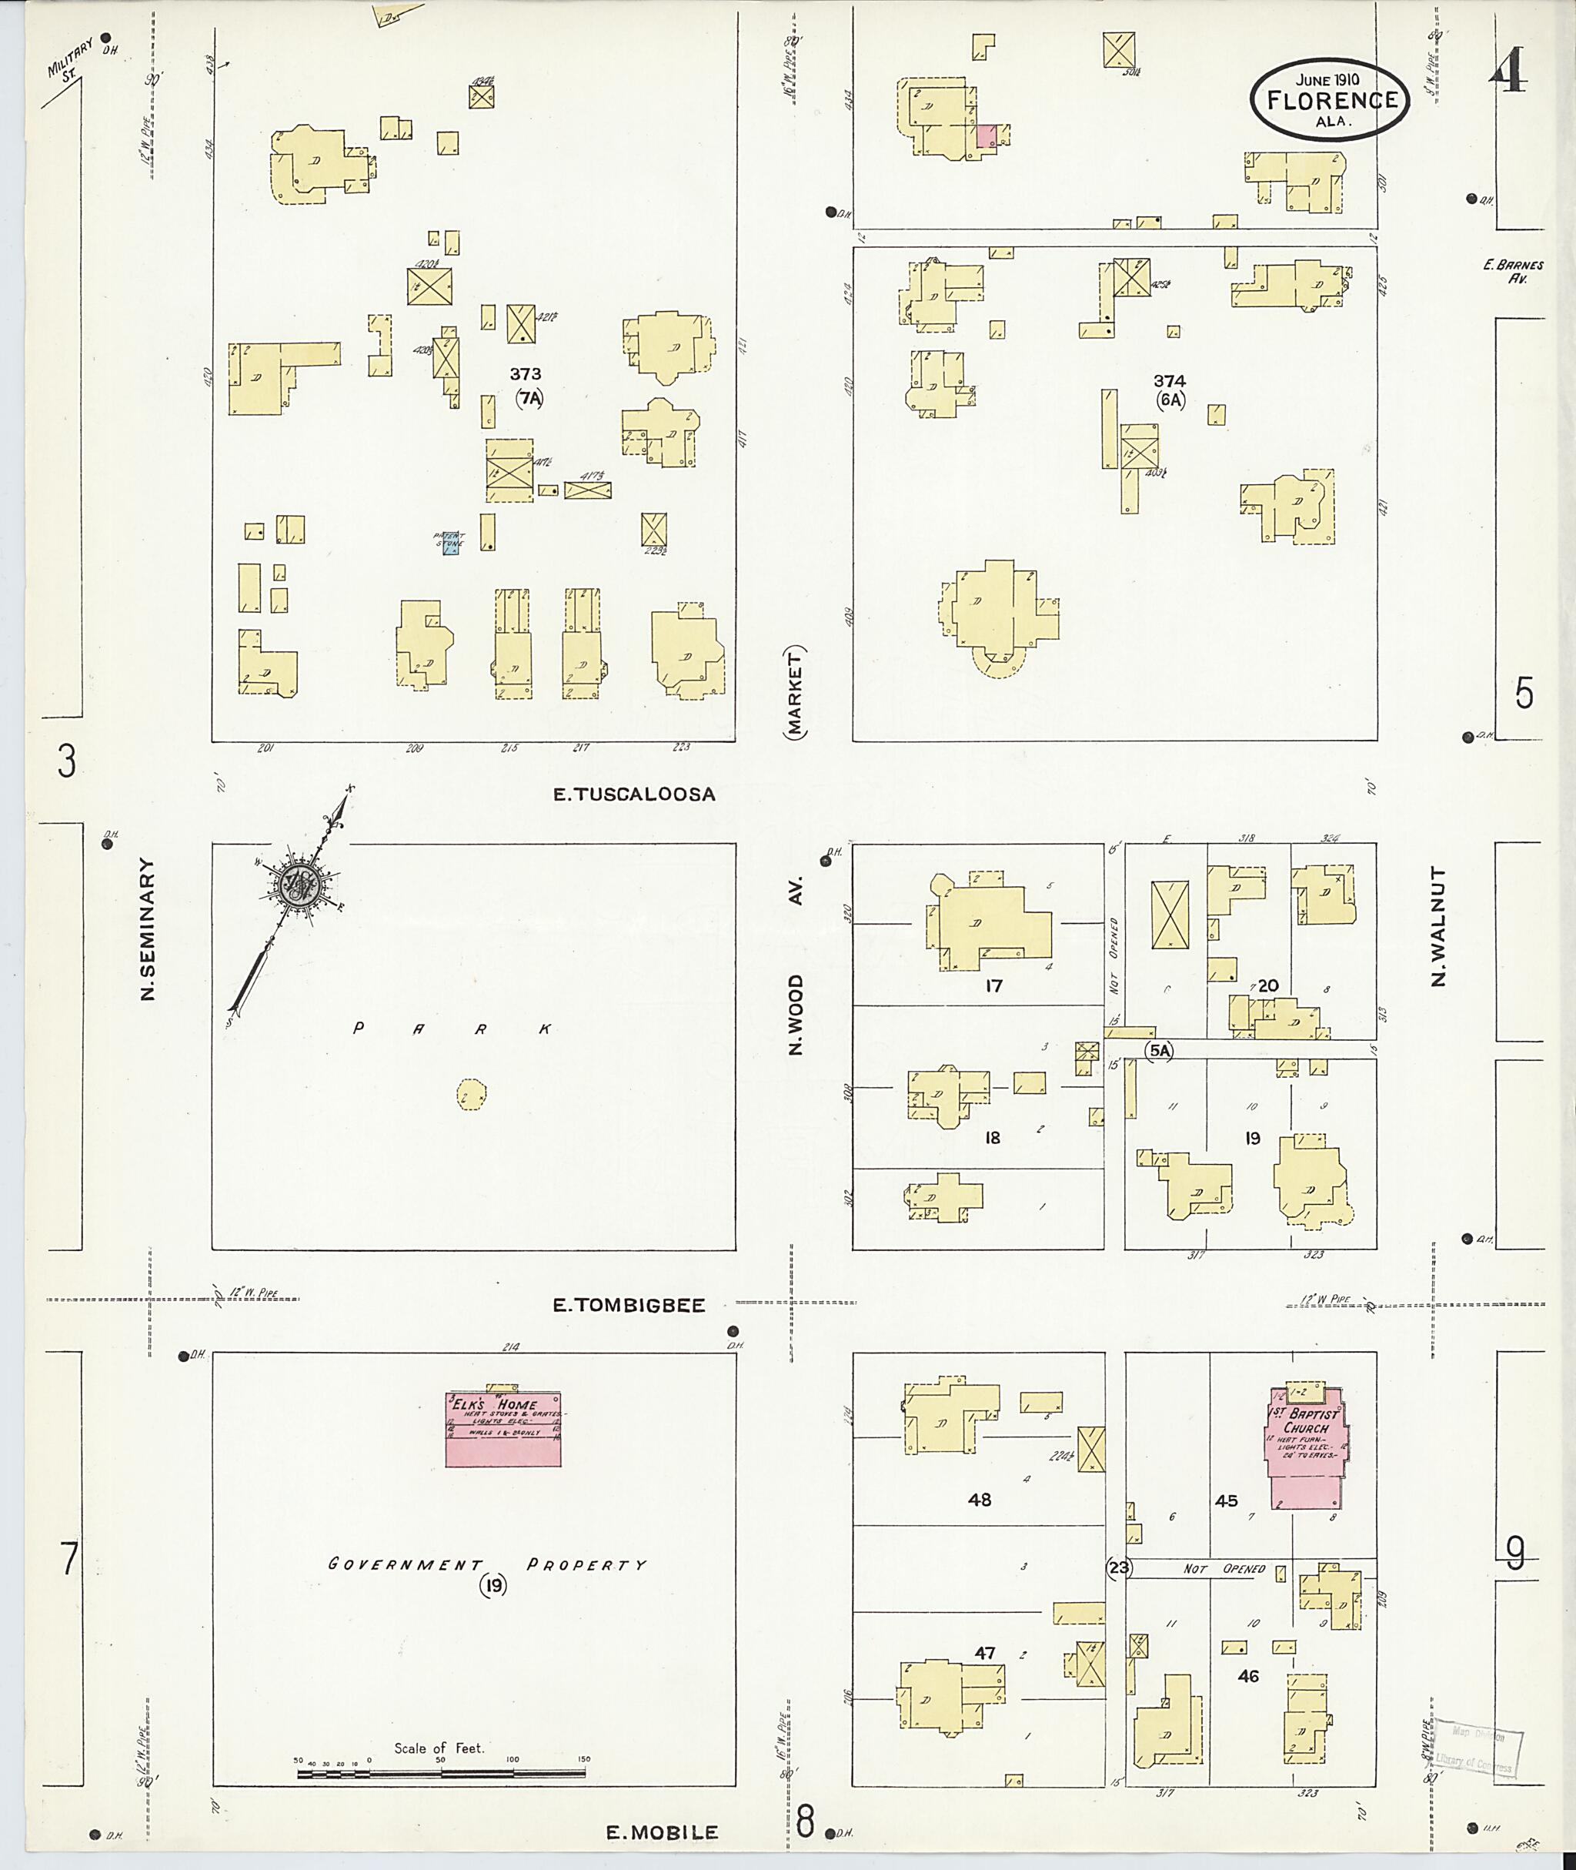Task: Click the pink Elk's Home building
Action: (x=503, y=1427)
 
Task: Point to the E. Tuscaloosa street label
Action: (x=634, y=794)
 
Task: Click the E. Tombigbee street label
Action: (x=628, y=1305)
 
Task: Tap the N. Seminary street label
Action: (x=149, y=930)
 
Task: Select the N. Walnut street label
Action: (x=1437, y=926)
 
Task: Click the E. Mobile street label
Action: (x=662, y=1832)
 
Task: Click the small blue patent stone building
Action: (x=451, y=546)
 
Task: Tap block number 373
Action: (x=526, y=373)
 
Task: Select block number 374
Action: (x=1170, y=382)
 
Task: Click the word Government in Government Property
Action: (x=405, y=1564)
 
